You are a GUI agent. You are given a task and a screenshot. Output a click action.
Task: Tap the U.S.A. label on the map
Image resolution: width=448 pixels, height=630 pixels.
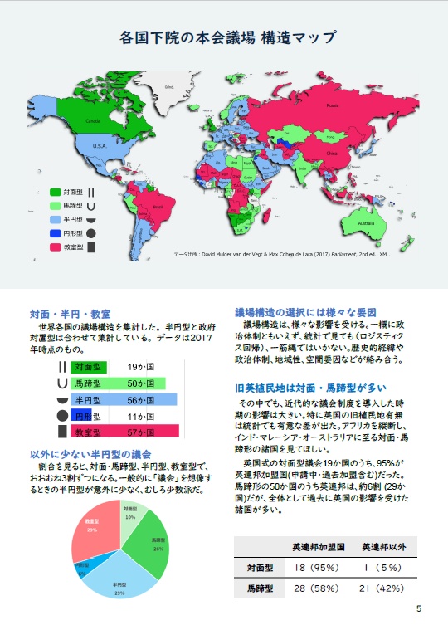(100, 146)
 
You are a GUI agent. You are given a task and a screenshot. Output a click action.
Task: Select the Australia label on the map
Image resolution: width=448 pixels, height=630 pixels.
(365, 223)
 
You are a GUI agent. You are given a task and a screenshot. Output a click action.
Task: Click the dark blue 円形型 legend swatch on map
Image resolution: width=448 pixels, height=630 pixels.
(56, 233)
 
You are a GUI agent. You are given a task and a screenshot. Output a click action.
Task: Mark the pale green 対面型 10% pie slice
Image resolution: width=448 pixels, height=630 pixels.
(131, 515)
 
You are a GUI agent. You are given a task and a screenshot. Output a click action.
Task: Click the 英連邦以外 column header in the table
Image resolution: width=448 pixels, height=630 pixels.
(382, 548)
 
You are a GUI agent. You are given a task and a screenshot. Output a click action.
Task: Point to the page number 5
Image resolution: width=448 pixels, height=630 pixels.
(420, 608)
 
